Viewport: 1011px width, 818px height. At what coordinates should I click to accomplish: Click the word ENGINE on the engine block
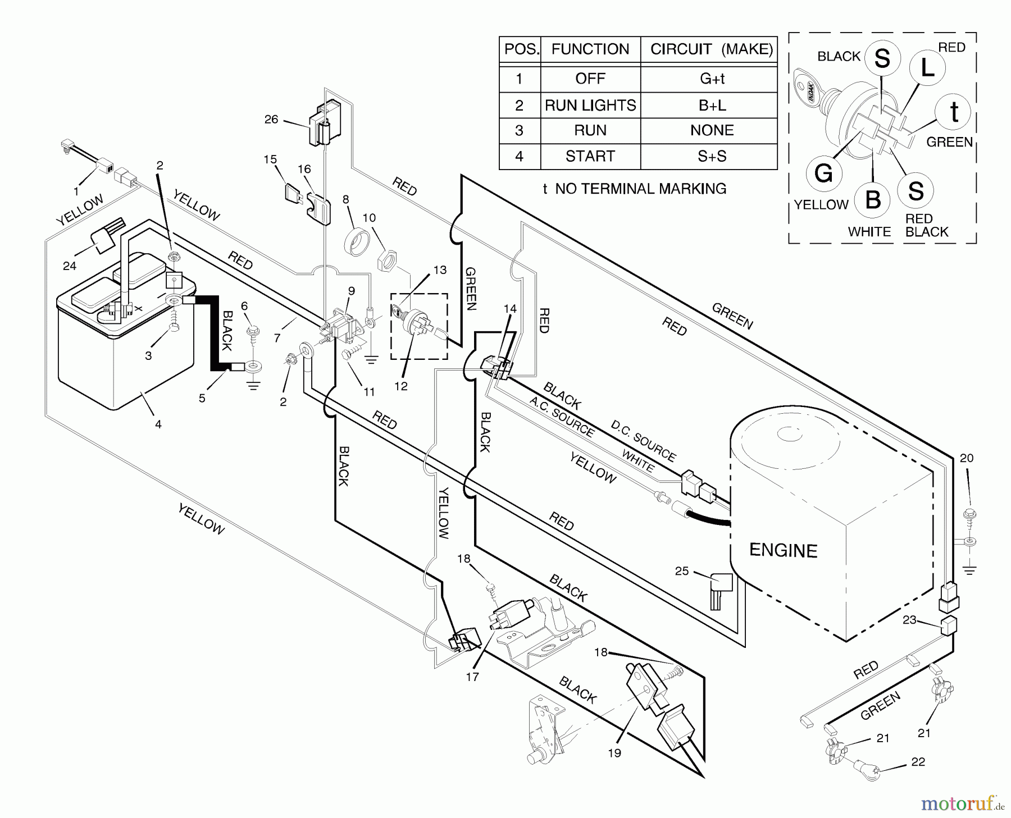pos(783,550)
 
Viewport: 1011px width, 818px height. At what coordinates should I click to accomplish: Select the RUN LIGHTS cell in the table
pos(590,106)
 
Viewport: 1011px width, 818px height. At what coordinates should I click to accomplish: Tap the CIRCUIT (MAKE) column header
pos(712,49)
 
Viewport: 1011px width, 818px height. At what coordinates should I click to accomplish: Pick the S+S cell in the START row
pos(712,156)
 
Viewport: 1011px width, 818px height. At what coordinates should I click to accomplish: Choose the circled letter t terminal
pos(954,112)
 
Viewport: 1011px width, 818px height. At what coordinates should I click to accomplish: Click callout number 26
pos(271,120)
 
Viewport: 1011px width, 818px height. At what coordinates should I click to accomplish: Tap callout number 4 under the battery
pos(158,424)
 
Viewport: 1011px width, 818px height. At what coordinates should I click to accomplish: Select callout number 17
pos(472,677)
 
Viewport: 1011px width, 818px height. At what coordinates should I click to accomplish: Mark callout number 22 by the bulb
pos(918,762)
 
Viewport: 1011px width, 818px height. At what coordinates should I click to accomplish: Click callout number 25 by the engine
pos(681,571)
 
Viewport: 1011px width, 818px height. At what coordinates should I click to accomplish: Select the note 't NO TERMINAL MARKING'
pos(634,189)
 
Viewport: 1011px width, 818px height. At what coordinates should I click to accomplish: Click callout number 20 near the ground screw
pos(966,458)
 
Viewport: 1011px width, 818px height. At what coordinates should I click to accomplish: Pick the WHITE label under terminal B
pos(869,232)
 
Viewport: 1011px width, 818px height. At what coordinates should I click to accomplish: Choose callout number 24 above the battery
pos(70,266)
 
